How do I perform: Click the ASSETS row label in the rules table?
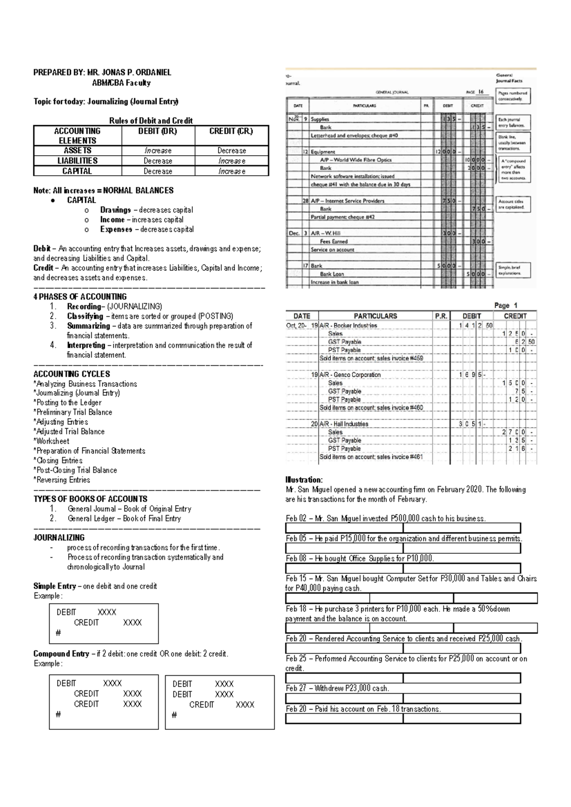tap(78, 150)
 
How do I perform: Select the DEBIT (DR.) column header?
tap(158, 131)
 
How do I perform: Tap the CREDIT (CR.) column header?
tap(231, 131)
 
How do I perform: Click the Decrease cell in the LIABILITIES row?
tap(158, 161)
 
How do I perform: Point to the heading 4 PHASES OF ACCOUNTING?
tap(80, 296)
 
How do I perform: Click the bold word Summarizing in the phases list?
tap(88, 326)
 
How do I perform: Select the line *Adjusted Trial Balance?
tap(69, 432)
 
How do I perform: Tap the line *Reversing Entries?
tap(62, 480)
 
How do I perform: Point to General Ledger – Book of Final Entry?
tap(124, 519)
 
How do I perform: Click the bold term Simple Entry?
tap(54, 586)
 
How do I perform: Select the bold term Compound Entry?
tap(61, 654)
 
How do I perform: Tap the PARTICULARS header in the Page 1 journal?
tap(375, 316)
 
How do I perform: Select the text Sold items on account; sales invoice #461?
tap(371, 457)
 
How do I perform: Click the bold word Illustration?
tap(304, 480)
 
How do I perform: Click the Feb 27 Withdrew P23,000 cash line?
tap(337, 689)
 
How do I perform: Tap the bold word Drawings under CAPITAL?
tap(115, 210)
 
